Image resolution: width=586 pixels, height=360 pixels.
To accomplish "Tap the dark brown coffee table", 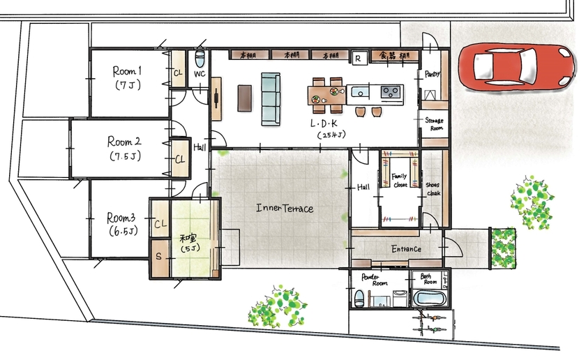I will tap(243, 98).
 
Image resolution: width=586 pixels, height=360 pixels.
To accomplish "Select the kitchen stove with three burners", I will tap(389, 91).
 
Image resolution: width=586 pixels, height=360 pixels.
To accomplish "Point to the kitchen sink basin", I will tap(360, 91).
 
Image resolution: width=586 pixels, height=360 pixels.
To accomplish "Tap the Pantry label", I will tap(432, 74).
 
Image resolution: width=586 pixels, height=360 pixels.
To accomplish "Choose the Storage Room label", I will tap(434, 124).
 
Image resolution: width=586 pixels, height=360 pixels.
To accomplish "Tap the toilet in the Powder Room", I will tap(359, 299).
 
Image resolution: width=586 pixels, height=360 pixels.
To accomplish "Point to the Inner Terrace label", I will tap(285, 208).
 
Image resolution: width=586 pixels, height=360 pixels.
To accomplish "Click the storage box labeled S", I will tap(158, 256).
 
